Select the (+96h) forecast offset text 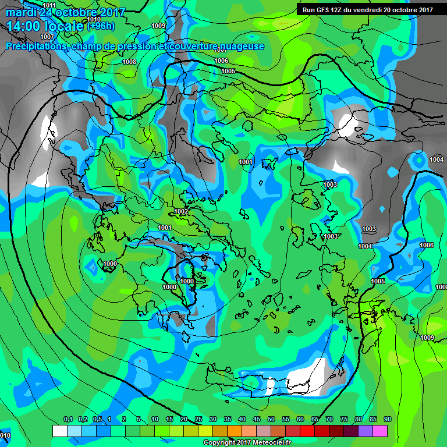tap(101, 26)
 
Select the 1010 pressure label tap(93, 19)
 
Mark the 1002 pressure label tap(181, 211)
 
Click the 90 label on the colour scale tap(387, 420)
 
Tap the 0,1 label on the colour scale tap(68, 420)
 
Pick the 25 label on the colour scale tap(198, 420)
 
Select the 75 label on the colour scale tap(343, 420)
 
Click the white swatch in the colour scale tap(59, 431)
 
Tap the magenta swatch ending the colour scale tap(380, 431)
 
